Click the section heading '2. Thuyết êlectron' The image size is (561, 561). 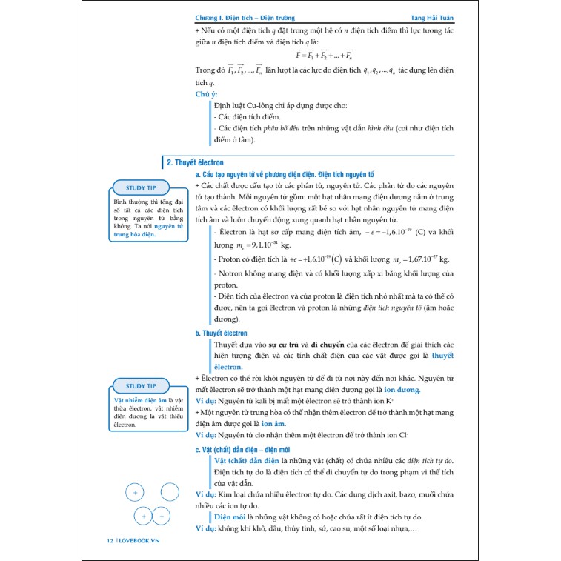(195, 162)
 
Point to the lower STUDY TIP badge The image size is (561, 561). (141, 385)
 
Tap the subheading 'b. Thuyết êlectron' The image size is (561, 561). (221, 333)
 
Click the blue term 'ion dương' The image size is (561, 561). (402, 390)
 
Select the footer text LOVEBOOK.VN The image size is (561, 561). (139, 540)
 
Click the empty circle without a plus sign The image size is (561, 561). (170, 492)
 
